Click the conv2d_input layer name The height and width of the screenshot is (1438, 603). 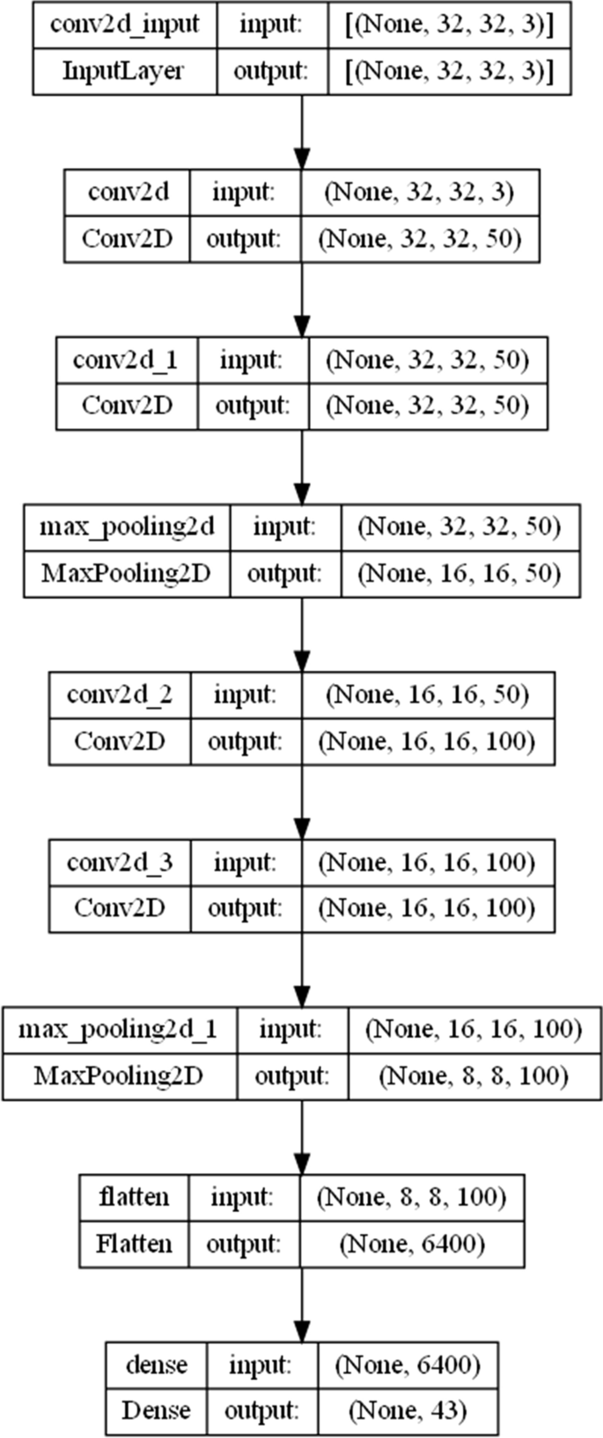(x=124, y=25)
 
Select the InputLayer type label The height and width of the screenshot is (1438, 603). (x=124, y=71)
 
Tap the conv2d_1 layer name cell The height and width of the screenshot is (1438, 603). (x=127, y=360)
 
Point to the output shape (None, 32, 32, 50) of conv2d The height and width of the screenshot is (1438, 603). (x=419, y=238)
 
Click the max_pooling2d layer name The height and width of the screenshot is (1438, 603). (x=127, y=527)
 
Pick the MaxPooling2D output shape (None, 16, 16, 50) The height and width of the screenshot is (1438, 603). (x=458, y=573)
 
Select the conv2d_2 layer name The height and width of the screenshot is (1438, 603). (x=120, y=695)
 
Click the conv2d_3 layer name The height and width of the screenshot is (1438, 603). (x=120, y=862)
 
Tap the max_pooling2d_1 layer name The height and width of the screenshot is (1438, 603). (x=117, y=1029)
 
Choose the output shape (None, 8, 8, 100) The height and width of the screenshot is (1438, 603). (x=474, y=1076)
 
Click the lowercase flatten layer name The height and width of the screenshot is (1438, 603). (x=134, y=1197)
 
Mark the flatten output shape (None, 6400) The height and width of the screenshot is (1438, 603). (x=412, y=1244)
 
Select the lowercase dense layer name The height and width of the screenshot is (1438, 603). (x=157, y=1364)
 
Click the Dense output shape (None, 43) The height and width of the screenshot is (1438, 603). (x=408, y=1411)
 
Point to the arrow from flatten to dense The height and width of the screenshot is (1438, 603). (x=302, y=1304)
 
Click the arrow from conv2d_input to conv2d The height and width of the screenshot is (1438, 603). (x=302, y=131)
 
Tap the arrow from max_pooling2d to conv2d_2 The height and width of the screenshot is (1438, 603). (x=302, y=634)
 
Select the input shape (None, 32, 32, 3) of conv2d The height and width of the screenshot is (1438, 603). (x=419, y=193)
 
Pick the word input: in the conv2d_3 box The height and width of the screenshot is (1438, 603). (x=245, y=862)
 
